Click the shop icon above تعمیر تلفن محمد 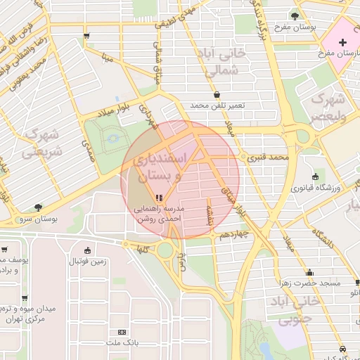(217, 94)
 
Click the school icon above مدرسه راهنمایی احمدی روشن (160, 198)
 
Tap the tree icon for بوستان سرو (38, 207)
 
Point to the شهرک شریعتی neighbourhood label (41, 142)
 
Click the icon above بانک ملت (123, 331)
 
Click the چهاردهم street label (234, 234)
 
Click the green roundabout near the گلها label (166, 250)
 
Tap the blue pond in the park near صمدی (112, 141)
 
